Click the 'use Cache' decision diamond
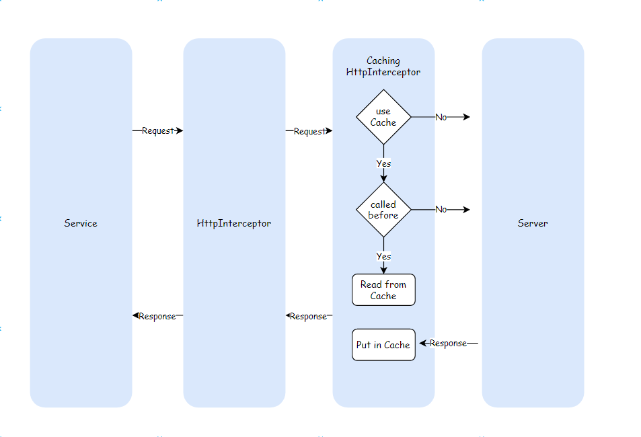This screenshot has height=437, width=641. (x=383, y=117)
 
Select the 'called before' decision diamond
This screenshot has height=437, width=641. (x=383, y=210)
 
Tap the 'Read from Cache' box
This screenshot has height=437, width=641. (x=383, y=290)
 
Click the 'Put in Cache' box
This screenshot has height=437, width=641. (x=383, y=345)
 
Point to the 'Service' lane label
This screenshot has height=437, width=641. (x=81, y=223)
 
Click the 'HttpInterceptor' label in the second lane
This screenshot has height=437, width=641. (x=234, y=223)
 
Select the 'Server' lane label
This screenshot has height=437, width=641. (x=533, y=223)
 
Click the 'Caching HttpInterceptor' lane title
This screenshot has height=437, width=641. (x=383, y=66)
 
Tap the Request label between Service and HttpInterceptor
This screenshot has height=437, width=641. (x=157, y=131)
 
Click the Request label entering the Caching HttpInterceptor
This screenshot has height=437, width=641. (x=309, y=132)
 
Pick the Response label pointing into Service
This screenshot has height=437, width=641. (x=157, y=316)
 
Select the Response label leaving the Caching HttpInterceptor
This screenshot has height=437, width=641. (x=308, y=316)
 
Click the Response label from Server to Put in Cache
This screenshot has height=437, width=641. (x=448, y=344)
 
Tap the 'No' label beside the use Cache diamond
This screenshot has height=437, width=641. (x=441, y=117)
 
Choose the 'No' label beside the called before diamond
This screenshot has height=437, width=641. (x=441, y=210)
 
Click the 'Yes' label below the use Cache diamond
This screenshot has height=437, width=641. (x=383, y=163)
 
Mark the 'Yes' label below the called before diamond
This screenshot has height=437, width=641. (x=383, y=256)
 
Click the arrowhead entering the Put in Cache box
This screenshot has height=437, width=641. (x=423, y=343)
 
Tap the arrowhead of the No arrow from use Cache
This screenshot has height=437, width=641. (x=466, y=117)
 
